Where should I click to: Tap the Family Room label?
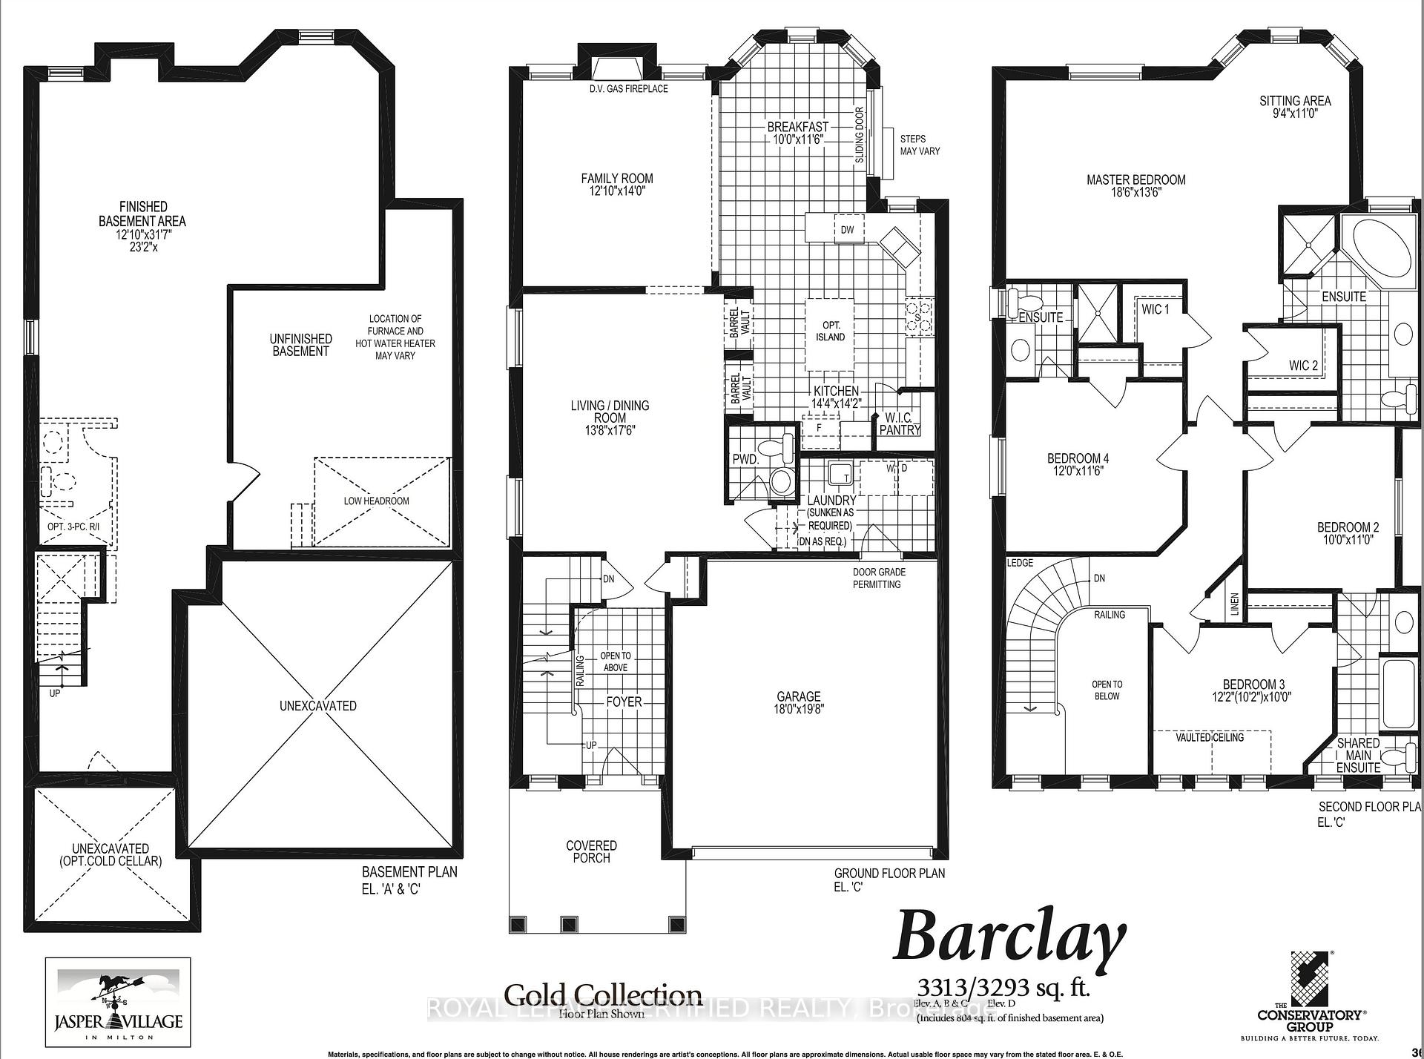click(x=616, y=178)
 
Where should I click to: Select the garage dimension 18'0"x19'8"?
click(x=798, y=708)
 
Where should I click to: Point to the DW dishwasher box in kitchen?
click(x=847, y=229)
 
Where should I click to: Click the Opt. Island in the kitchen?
click(x=830, y=331)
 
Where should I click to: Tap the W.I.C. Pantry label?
click(x=899, y=424)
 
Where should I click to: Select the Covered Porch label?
click(x=591, y=851)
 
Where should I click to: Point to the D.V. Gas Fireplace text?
click(x=628, y=89)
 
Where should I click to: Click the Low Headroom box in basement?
click(x=377, y=501)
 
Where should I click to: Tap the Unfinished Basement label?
click(x=300, y=345)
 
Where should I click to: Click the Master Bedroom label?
click(x=1135, y=179)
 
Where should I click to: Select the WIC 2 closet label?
click(x=1303, y=366)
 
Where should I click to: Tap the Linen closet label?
click(x=1234, y=604)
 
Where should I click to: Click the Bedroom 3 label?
click(x=1253, y=684)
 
